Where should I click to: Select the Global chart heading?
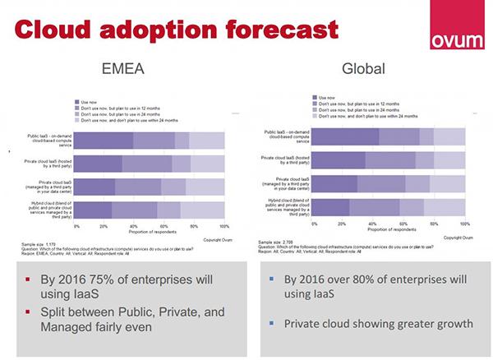click(363, 69)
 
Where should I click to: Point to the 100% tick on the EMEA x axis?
click(223, 224)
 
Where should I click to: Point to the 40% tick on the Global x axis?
click(374, 224)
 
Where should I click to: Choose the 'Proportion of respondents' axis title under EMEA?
click(150, 230)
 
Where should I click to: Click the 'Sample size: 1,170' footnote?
click(39, 243)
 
